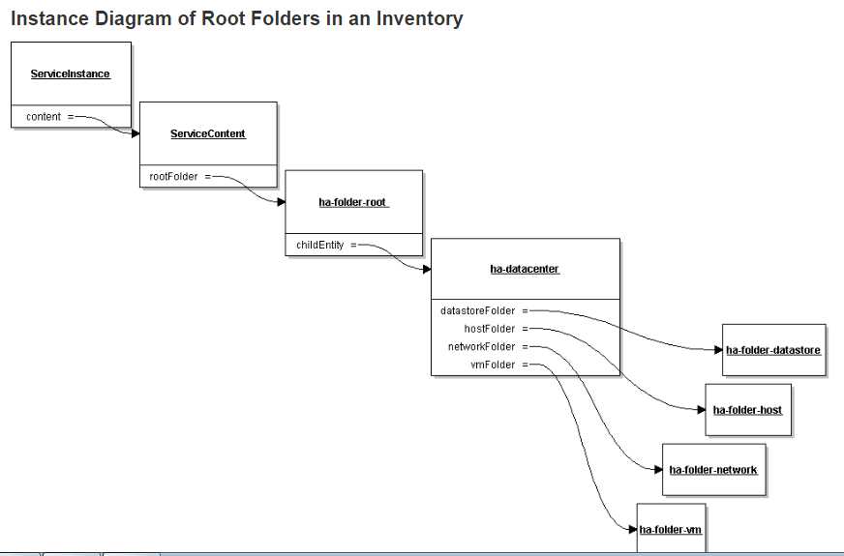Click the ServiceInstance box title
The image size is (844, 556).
(x=71, y=73)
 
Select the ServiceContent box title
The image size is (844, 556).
(x=208, y=133)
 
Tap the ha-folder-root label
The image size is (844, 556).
(x=353, y=202)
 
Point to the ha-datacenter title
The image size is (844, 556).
(x=525, y=269)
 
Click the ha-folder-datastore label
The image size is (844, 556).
(x=773, y=350)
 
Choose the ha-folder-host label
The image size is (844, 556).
(x=747, y=410)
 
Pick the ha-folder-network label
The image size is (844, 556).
(x=713, y=470)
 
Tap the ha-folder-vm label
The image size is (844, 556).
(x=670, y=529)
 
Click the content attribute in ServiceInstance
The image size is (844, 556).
(x=44, y=117)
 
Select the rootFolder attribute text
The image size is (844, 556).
(x=173, y=177)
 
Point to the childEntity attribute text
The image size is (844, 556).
(x=319, y=246)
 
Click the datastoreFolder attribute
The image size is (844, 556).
(x=478, y=311)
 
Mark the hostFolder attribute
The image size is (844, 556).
(x=490, y=329)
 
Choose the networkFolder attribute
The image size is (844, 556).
(x=481, y=346)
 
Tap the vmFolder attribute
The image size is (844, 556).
(x=493, y=365)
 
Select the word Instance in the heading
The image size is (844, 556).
(x=48, y=18)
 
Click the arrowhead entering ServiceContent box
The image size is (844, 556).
(x=136, y=133)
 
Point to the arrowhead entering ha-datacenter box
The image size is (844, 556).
(x=426, y=270)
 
